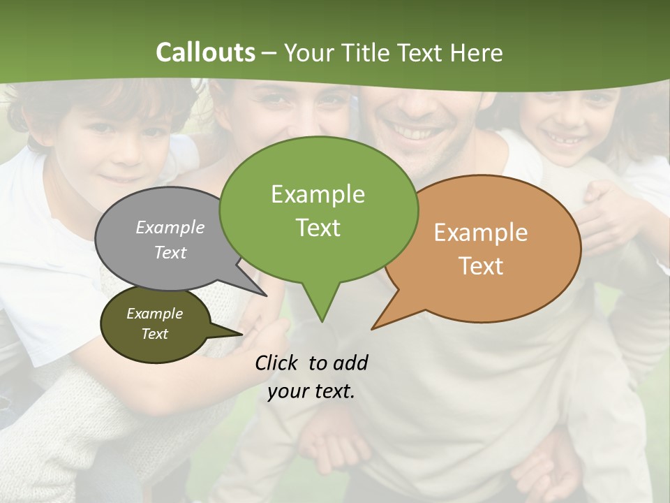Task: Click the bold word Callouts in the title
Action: (205, 52)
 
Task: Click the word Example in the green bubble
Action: (318, 194)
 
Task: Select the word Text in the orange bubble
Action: (481, 266)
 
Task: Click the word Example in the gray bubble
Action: (170, 227)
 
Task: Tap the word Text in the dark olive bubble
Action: (154, 334)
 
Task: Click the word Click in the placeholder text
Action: (277, 363)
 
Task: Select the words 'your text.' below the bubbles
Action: (311, 391)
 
